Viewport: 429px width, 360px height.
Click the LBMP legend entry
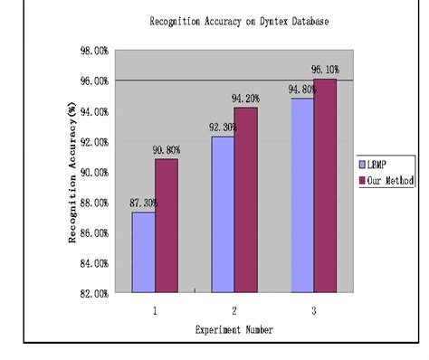[x=379, y=166]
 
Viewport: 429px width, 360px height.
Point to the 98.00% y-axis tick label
[x=93, y=51]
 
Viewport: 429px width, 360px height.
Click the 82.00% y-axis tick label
[x=93, y=293]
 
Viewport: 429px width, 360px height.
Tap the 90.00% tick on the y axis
[x=93, y=172]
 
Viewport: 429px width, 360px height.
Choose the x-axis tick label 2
[x=234, y=309]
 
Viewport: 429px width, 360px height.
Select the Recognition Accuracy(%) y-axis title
[x=71, y=172]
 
